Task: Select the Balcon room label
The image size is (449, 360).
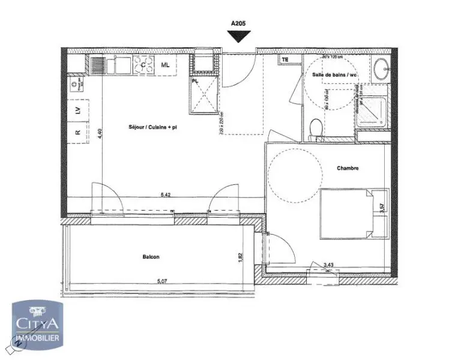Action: (151, 257)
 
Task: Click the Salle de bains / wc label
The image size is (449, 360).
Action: (334, 74)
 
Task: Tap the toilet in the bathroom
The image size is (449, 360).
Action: (314, 129)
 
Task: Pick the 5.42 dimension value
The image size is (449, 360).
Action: (166, 194)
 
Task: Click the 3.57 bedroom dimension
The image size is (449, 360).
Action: (382, 208)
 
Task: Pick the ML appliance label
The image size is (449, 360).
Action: (164, 65)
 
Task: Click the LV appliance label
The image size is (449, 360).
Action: (77, 110)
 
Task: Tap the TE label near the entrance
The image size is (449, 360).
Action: (285, 60)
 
